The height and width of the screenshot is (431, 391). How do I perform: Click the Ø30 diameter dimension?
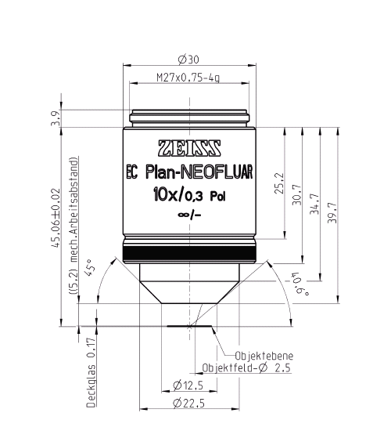(188, 59)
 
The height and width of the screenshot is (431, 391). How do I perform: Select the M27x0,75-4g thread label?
(188, 78)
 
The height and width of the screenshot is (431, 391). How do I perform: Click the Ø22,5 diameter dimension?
(188, 404)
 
